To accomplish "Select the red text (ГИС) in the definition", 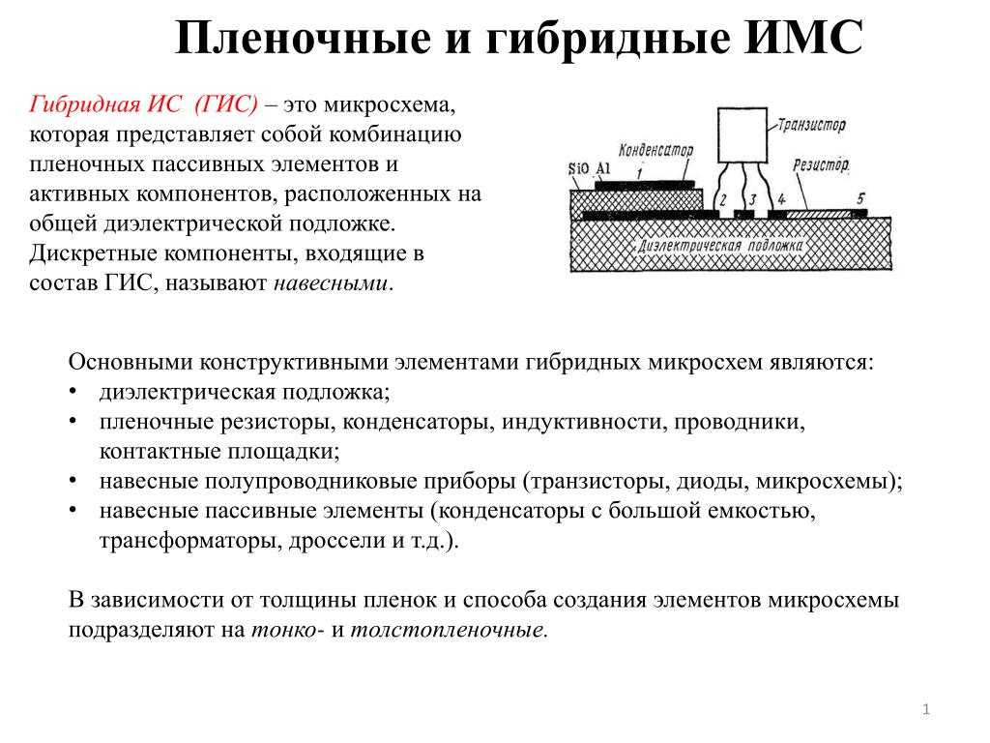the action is [226, 104].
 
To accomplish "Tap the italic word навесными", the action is [331, 282].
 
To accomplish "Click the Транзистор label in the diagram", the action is [811, 125].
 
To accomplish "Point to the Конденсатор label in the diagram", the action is [655, 150].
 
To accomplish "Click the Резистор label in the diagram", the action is [821, 165].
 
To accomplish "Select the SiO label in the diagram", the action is [578, 168].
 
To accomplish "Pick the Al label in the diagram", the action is [603, 168].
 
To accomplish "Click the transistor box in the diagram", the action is [742, 135].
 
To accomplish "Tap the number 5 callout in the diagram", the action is [860, 198].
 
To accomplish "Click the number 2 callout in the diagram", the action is [723, 200].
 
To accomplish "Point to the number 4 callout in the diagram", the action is [781, 199].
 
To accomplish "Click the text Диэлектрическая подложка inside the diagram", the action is [720, 245].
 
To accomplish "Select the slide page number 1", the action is [926, 709].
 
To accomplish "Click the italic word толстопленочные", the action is [449, 629].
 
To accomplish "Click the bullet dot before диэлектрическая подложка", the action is [73, 391].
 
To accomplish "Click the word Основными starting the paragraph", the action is [131, 362].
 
